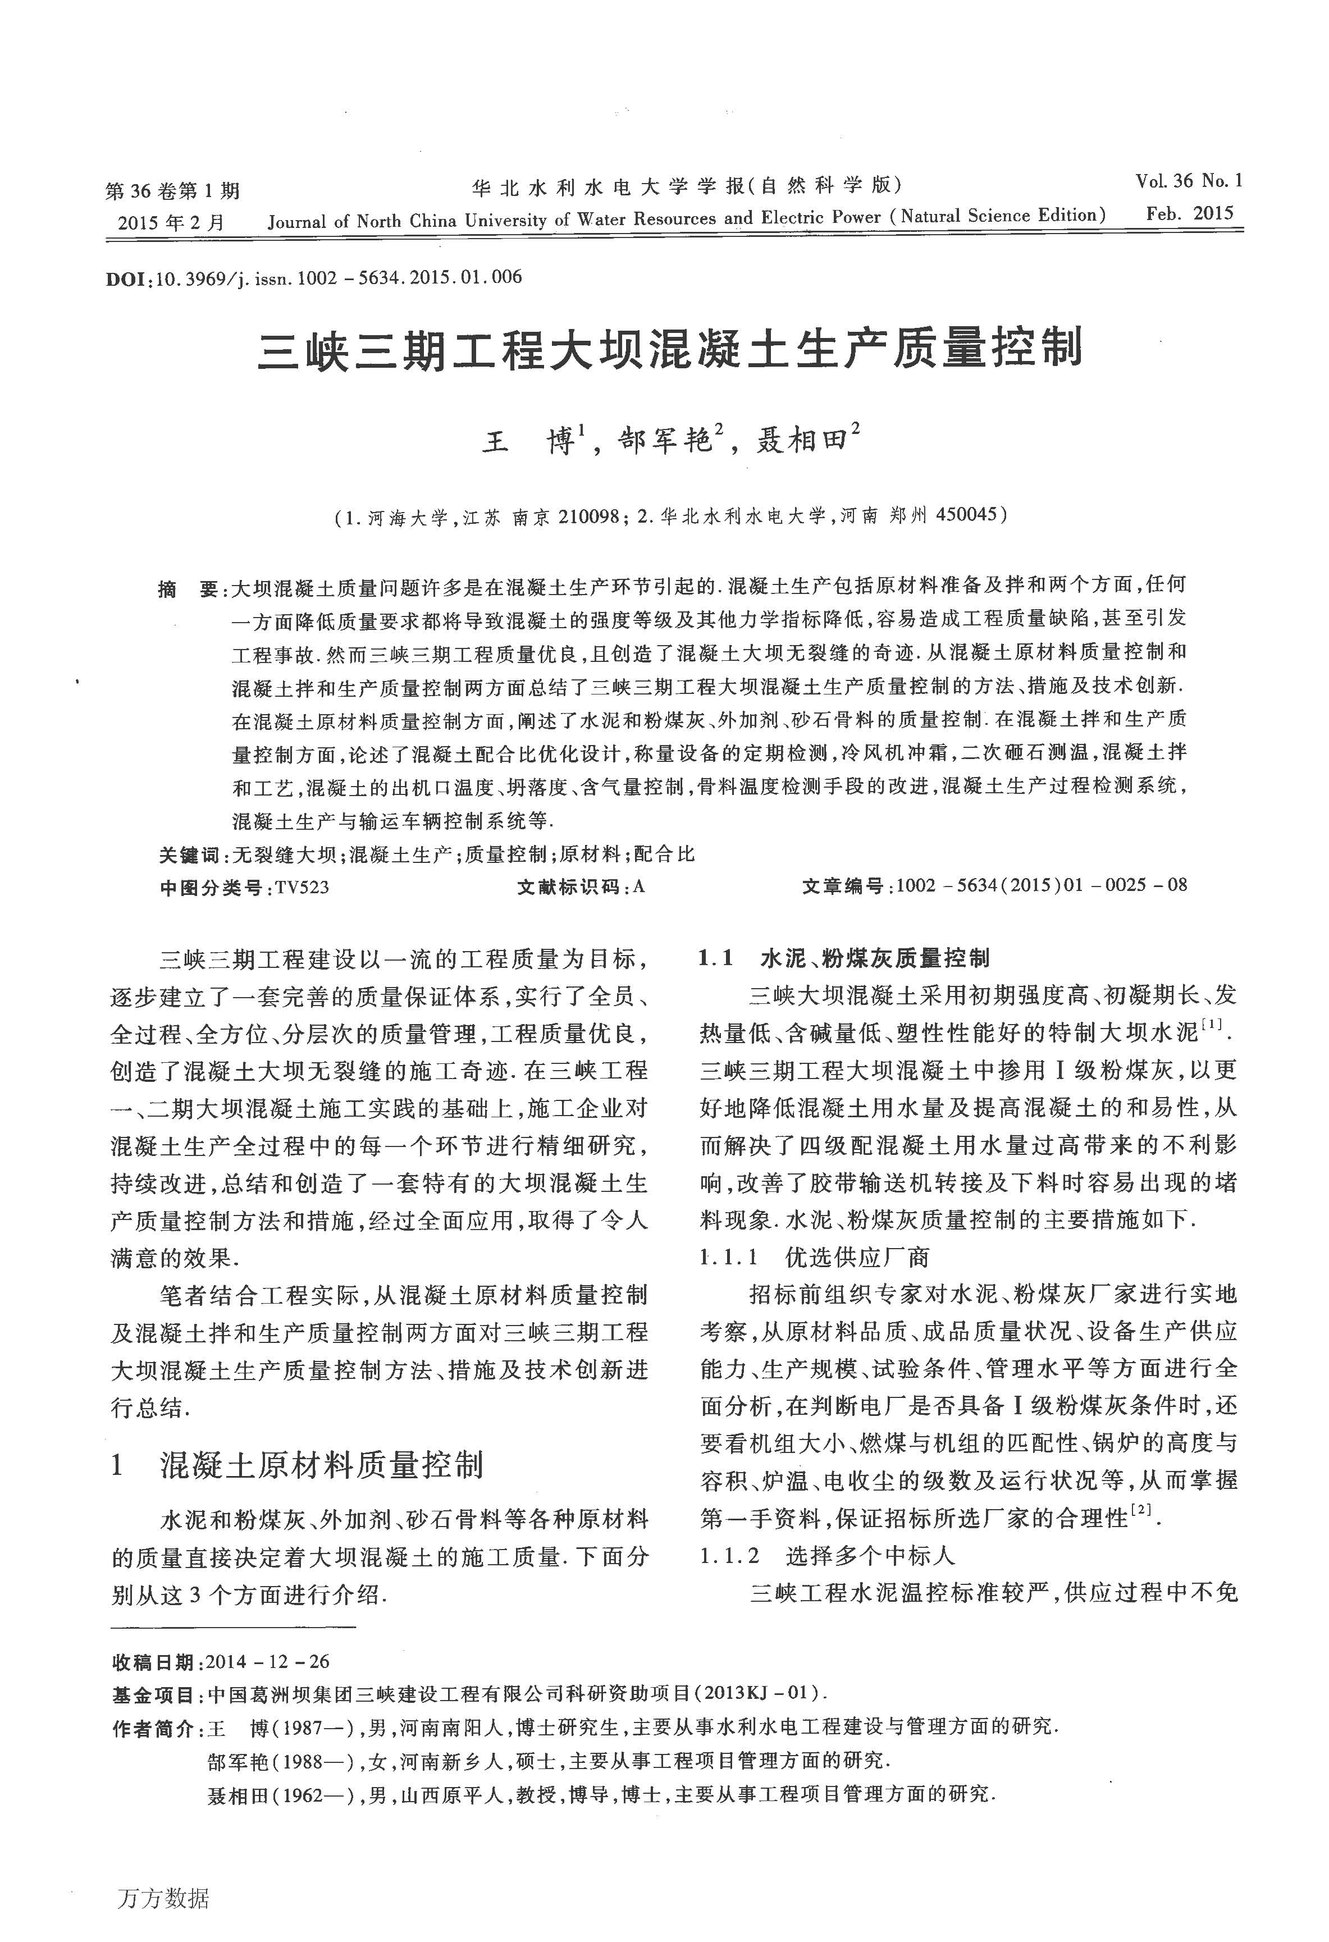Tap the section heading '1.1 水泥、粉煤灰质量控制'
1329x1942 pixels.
point(844,958)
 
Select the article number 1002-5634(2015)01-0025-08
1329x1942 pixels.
point(1040,886)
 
